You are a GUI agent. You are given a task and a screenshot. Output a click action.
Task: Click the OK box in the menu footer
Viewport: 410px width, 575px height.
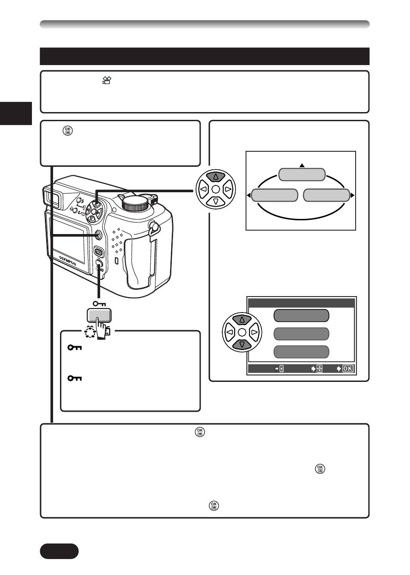point(347,369)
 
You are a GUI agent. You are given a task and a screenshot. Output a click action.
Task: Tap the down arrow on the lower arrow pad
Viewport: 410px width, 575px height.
point(242,345)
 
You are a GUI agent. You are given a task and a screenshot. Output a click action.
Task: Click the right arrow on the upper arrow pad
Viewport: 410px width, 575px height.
point(229,189)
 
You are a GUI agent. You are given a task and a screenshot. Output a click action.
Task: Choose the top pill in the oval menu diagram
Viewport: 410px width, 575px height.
point(302,175)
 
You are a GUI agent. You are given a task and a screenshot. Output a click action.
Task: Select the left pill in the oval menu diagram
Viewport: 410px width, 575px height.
point(274,195)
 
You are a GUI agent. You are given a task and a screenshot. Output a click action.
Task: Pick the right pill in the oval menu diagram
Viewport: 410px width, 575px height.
point(327,195)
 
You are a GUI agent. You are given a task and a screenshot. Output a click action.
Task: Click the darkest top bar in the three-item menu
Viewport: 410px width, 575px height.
point(301,316)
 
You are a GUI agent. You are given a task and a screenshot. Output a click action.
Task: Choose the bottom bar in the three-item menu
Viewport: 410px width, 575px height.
point(301,352)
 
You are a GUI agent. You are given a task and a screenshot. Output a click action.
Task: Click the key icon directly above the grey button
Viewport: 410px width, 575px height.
point(100,303)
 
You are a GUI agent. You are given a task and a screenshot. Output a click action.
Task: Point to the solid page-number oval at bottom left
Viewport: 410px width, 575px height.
point(59,551)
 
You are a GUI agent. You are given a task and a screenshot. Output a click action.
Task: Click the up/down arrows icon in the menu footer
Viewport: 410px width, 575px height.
point(319,369)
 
